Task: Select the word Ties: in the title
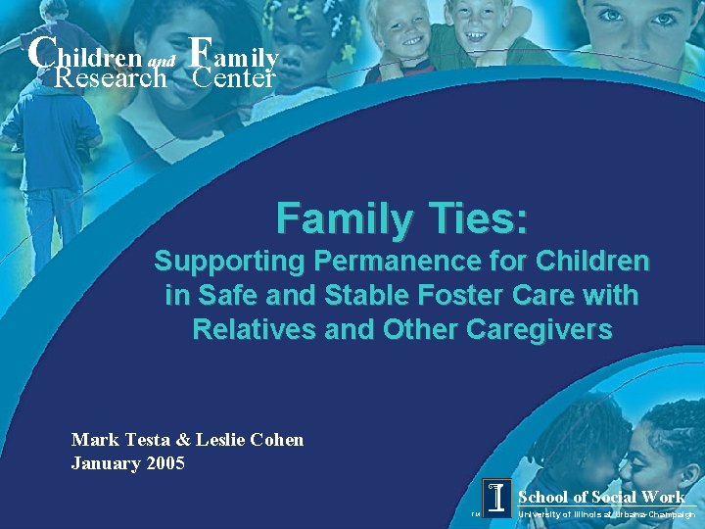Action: pyautogui.click(x=475, y=218)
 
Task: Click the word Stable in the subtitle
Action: pyautogui.click(x=337, y=296)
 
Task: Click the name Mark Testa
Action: pyautogui.click(x=116, y=440)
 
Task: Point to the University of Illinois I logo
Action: pyautogui.click(x=497, y=498)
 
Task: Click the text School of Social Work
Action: pyautogui.click(x=601, y=497)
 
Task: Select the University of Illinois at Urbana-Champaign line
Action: pyautogui.click(x=607, y=513)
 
